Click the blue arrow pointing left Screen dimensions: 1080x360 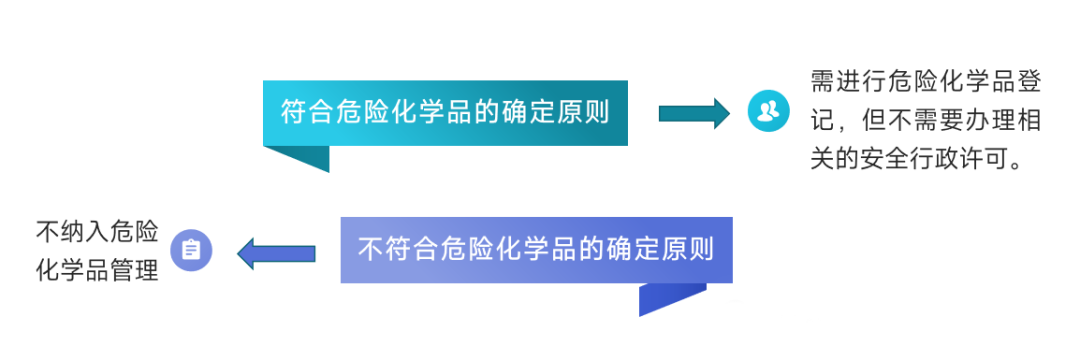click(276, 253)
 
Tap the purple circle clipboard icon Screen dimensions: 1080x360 click(191, 250)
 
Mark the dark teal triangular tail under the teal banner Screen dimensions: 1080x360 click(304, 156)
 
